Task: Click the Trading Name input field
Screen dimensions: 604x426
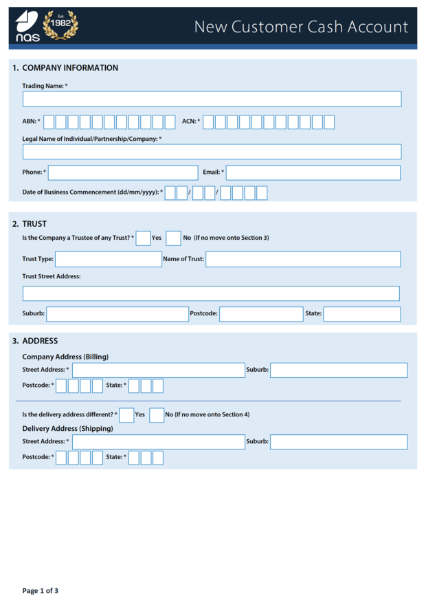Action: [x=212, y=99]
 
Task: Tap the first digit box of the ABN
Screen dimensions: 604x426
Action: [x=48, y=122]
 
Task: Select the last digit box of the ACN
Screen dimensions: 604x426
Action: [x=329, y=122]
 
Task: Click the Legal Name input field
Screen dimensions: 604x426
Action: [x=212, y=152]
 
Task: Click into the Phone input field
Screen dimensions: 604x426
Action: [x=123, y=172]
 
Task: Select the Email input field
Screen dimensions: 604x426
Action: [x=313, y=172]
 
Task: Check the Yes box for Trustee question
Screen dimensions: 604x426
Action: [x=143, y=238]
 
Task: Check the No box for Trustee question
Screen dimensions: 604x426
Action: [x=174, y=238]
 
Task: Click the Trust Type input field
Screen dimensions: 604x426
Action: [x=109, y=259]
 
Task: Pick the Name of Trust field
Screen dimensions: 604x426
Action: [x=303, y=259]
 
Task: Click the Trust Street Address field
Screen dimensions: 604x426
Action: [x=211, y=293]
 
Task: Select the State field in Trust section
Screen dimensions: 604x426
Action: [x=362, y=314]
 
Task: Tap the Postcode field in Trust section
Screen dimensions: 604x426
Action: [x=261, y=314]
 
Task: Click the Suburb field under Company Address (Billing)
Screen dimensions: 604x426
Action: [x=339, y=370]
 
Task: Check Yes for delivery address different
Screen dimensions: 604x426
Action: [x=126, y=415]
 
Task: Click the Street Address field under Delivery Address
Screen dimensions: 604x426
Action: [x=159, y=442]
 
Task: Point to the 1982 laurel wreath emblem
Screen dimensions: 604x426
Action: [x=60, y=25]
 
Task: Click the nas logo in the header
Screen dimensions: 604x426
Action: [x=27, y=26]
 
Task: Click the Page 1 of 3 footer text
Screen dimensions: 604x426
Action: [x=41, y=590]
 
